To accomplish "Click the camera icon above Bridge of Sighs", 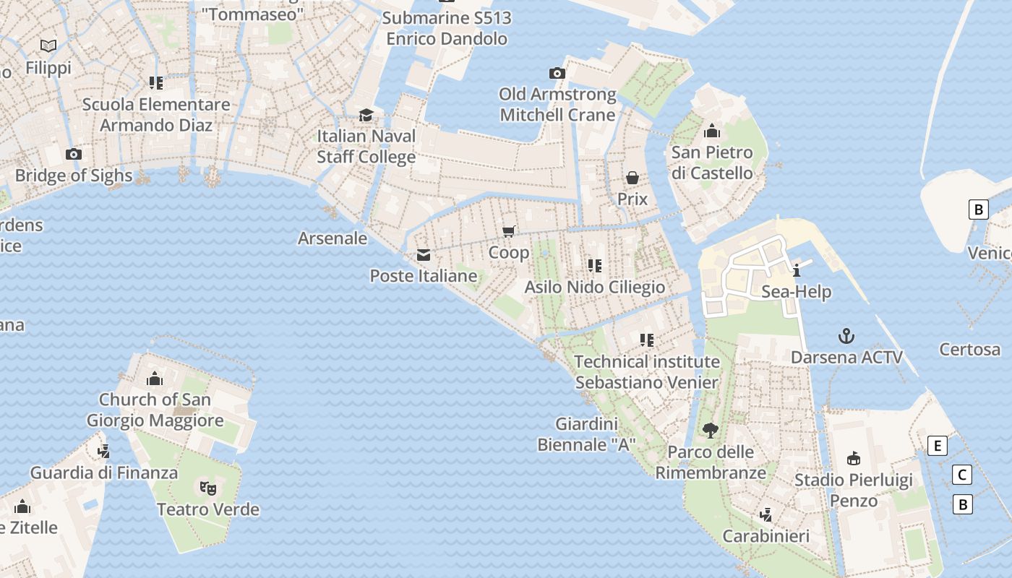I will coord(73,154).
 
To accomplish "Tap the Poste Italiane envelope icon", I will coord(424,254).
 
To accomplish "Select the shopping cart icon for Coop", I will coord(509,231).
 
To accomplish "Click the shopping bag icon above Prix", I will coord(632,178).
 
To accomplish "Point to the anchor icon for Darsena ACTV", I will coord(846,336).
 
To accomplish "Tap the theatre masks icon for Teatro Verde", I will coord(208,488).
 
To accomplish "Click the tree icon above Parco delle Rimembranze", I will coord(710,431).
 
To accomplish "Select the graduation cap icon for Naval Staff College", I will coord(366,115).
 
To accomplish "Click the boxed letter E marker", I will coord(938,446).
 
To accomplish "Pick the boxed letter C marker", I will coord(961,475).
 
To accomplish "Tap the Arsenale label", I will coord(333,238).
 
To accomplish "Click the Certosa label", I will coord(969,350).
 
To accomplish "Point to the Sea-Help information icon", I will coord(797,271).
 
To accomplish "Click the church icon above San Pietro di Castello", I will coord(712,131).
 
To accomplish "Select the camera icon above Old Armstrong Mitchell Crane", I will coord(557,73).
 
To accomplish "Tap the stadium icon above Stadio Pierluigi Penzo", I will coord(854,458).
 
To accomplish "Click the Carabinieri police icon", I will coord(766,514).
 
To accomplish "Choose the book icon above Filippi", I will coord(48,46).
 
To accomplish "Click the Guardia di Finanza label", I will coord(103,473).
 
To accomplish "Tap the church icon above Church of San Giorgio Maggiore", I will coord(155,379).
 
